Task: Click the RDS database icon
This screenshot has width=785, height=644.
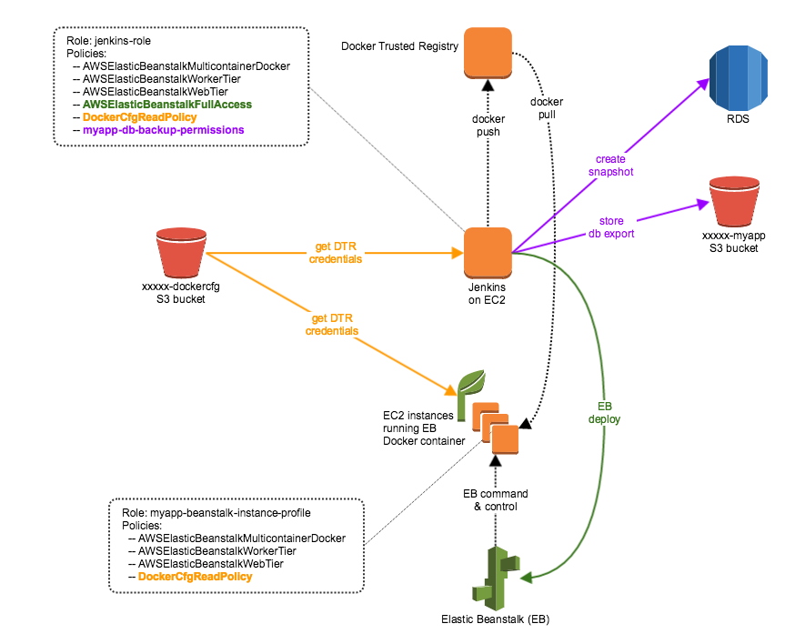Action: pos(739,77)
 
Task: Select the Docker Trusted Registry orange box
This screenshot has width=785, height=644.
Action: pos(488,53)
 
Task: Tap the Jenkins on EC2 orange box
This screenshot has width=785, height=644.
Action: pos(488,253)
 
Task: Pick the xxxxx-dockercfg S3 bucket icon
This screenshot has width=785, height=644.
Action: pos(181,252)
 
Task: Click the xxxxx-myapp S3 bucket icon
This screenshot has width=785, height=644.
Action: pos(734,201)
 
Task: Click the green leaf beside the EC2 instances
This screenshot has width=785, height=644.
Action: pos(470,389)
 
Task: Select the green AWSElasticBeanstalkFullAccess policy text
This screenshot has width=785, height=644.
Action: pos(167,105)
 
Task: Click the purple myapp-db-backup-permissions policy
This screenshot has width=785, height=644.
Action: pos(163,130)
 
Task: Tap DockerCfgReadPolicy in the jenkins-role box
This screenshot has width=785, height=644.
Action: pos(140,117)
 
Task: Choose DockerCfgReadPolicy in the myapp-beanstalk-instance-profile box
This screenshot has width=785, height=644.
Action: pos(196,577)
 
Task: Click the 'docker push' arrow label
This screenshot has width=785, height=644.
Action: pos(488,126)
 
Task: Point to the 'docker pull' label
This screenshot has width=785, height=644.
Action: pos(547,108)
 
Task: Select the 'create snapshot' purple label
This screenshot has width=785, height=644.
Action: pos(610,166)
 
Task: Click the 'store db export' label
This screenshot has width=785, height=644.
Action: pos(611,227)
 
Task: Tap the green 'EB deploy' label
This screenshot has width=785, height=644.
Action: pos(604,413)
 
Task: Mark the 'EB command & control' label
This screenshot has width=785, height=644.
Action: pos(496,499)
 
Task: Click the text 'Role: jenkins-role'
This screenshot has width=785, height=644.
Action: pos(108,41)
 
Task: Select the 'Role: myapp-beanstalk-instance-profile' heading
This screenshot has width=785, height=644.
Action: pos(216,513)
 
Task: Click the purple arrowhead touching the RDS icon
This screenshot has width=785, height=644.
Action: pos(703,85)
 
